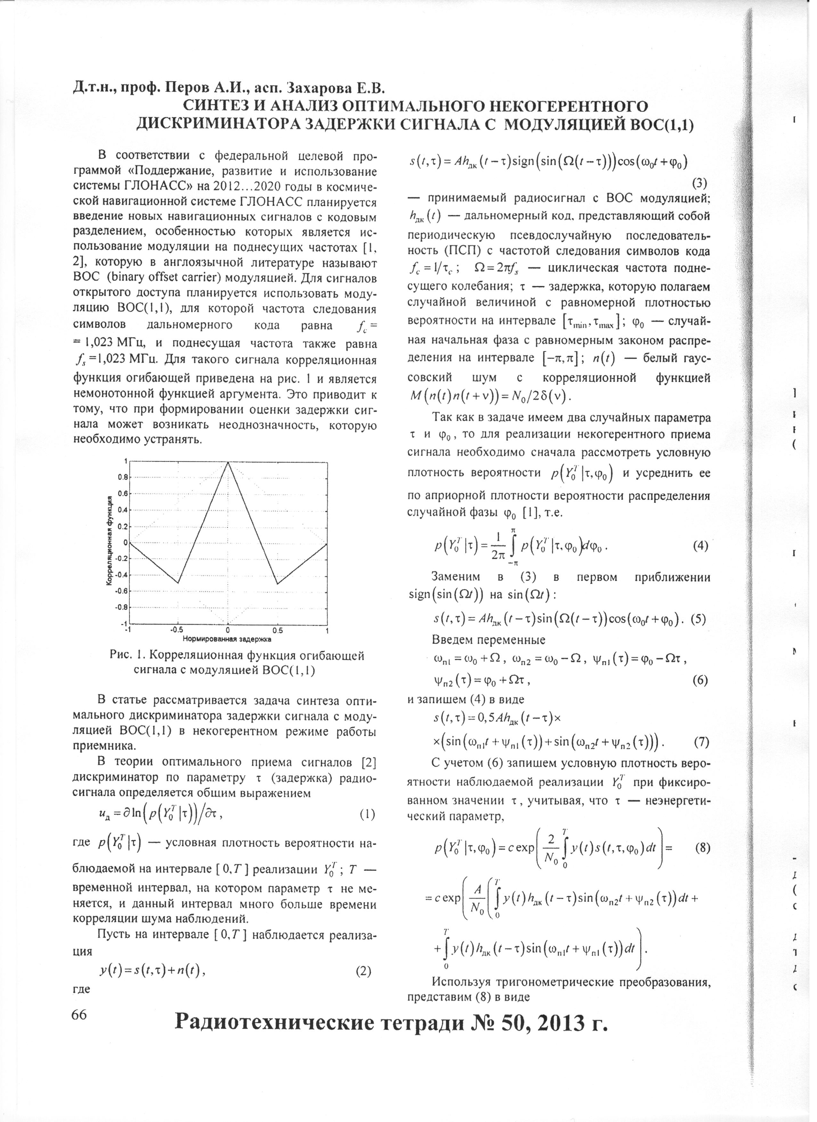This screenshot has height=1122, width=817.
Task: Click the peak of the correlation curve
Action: pos(228,462)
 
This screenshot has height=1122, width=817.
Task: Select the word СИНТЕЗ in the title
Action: pos(220,107)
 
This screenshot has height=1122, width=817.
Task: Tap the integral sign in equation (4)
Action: pos(513,546)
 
